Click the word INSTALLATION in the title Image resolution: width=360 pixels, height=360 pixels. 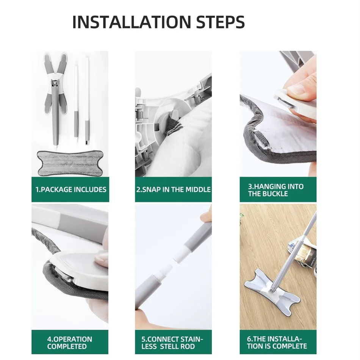[x=131, y=22]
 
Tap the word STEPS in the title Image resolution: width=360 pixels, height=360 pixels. [x=221, y=22]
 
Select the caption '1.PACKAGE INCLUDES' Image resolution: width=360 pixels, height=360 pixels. [x=71, y=189]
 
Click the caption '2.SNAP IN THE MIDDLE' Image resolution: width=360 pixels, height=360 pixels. [x=173, y=189]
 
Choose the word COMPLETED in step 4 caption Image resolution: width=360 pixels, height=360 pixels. [x=67, y=346]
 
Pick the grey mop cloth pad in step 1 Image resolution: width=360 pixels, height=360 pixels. [x=70, y=163]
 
